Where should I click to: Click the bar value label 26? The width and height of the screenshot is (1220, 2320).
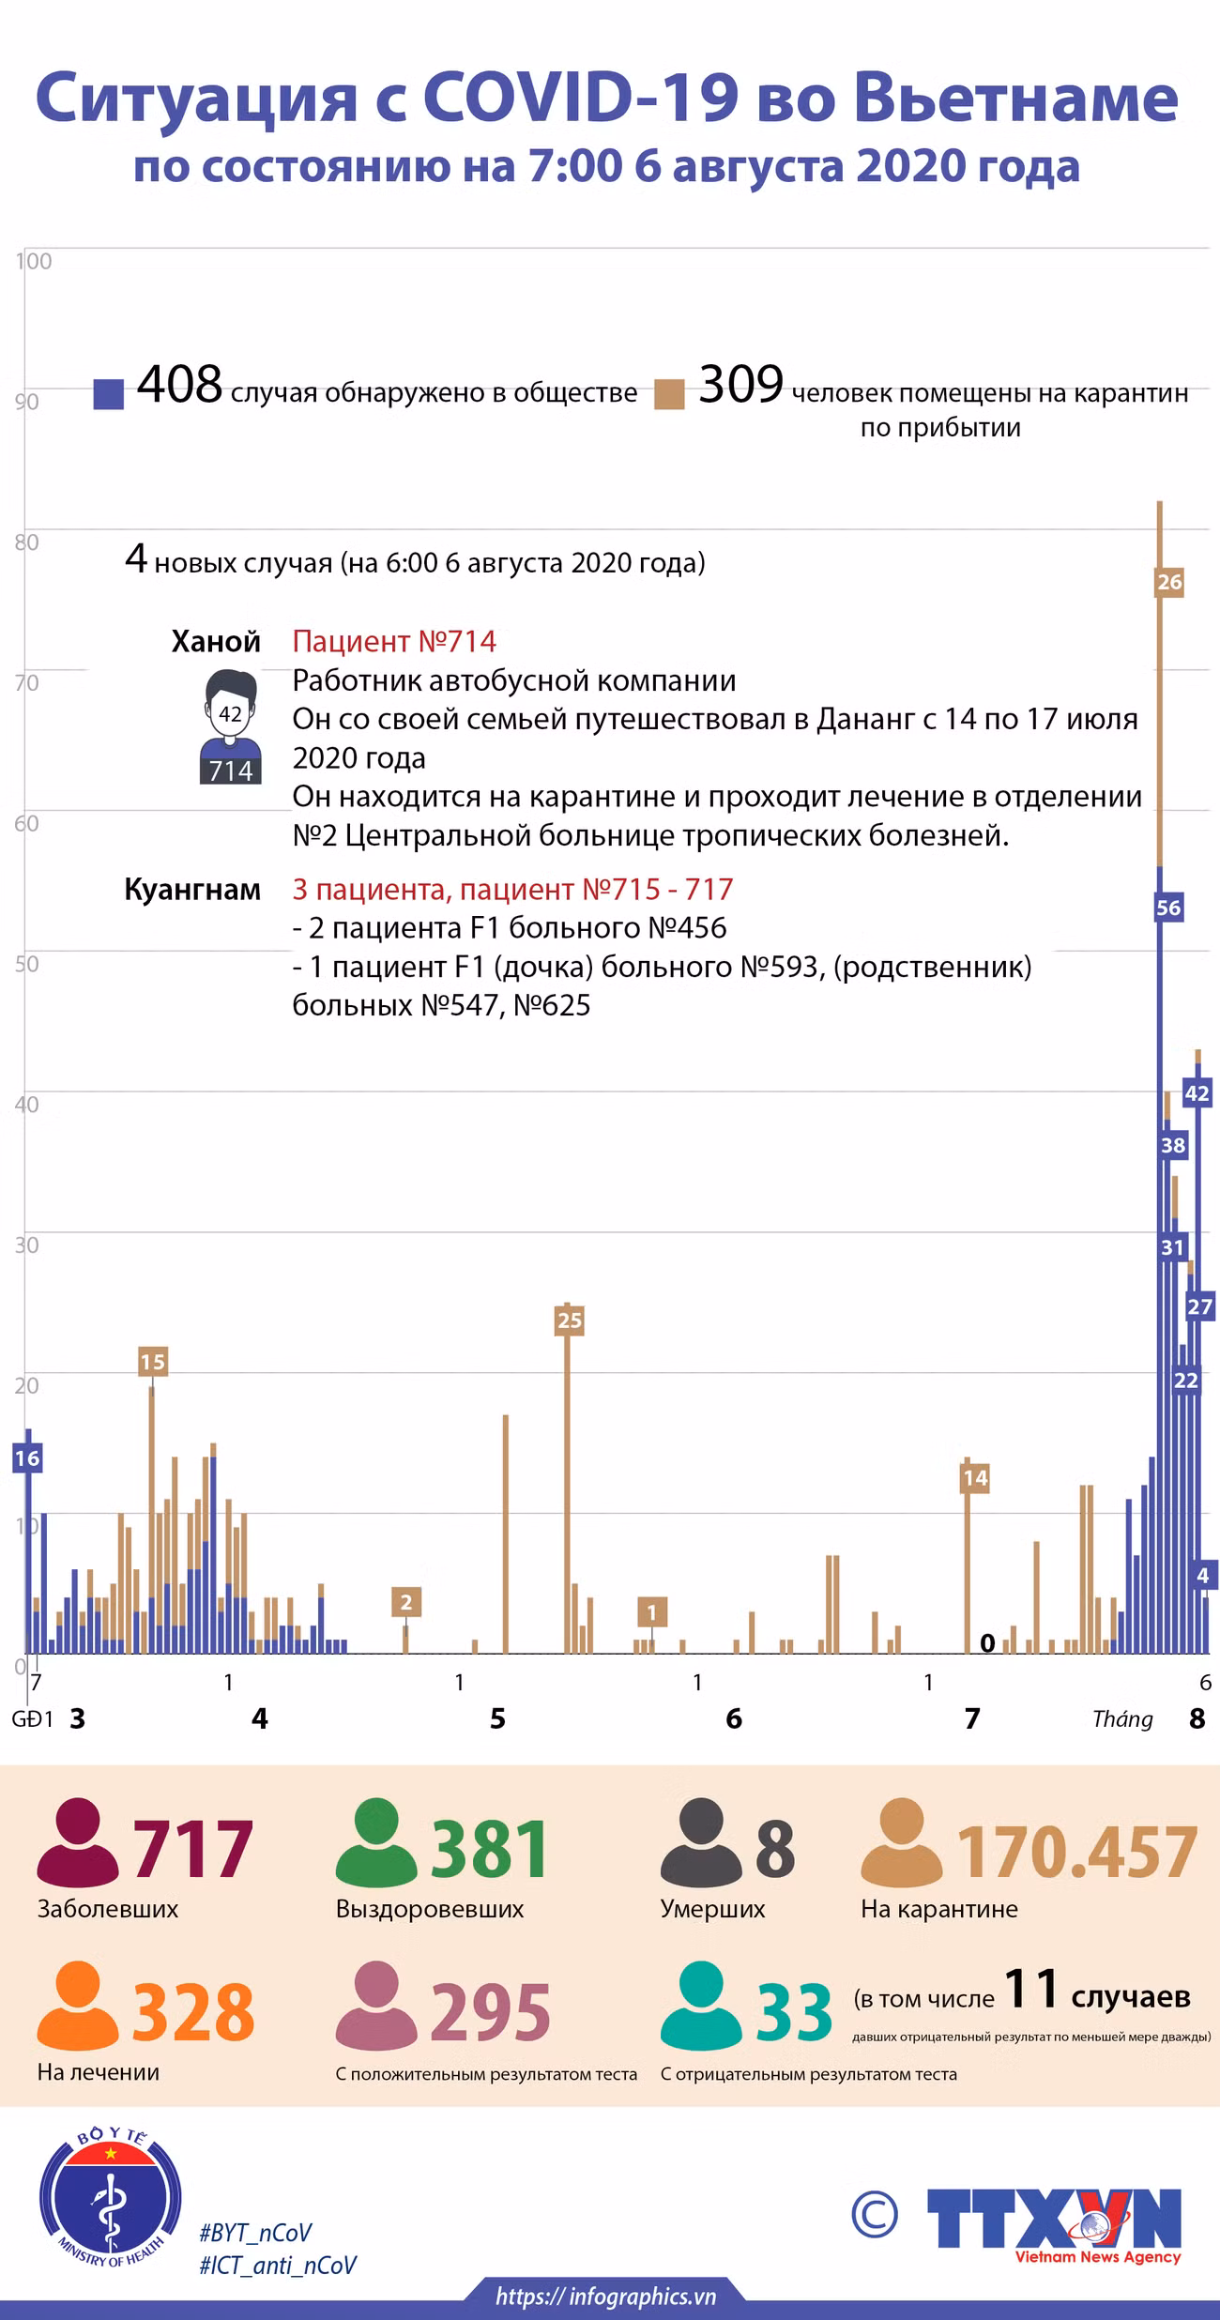click(1169, 582)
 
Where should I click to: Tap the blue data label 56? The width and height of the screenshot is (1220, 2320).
click(1168, 908)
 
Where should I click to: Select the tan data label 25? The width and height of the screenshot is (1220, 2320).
click(570, 1320)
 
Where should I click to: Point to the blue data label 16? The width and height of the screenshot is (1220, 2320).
click(27, 1458)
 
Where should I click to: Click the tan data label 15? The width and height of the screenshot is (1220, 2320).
click(152, 1361)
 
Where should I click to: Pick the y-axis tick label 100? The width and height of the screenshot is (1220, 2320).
click(34, 261)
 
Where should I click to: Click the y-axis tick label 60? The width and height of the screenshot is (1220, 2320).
click(26, 823)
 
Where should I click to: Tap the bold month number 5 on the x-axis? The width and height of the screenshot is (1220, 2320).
click(497, 1718)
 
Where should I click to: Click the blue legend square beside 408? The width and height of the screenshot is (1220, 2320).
click(109, 394)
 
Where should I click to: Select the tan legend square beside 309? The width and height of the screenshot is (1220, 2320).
click(670, 394)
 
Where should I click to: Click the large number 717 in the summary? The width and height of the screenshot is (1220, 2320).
click(192, 1850)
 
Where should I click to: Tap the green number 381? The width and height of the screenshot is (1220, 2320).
click(490, 1850)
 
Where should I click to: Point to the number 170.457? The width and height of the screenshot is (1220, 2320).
click(1076, 1853)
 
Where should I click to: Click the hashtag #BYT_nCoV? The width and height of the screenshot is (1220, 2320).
click(255, 2233)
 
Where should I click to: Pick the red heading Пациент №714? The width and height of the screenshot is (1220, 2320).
click(394, 641)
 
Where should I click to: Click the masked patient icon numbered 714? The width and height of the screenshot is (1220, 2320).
click(231, 727)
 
